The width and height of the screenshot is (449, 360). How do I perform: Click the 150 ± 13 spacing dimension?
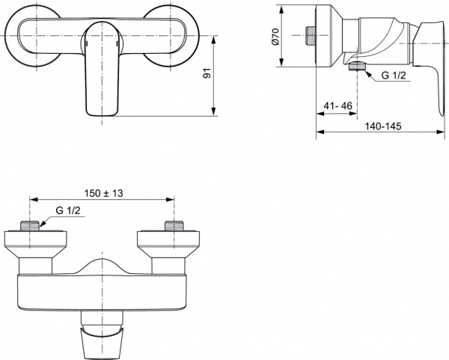coord(103,193)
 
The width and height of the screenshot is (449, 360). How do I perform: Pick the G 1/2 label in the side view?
coord(394,76)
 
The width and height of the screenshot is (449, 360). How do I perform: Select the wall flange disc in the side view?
coord(323,37)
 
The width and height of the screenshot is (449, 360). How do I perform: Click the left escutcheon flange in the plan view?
coord(30,244)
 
